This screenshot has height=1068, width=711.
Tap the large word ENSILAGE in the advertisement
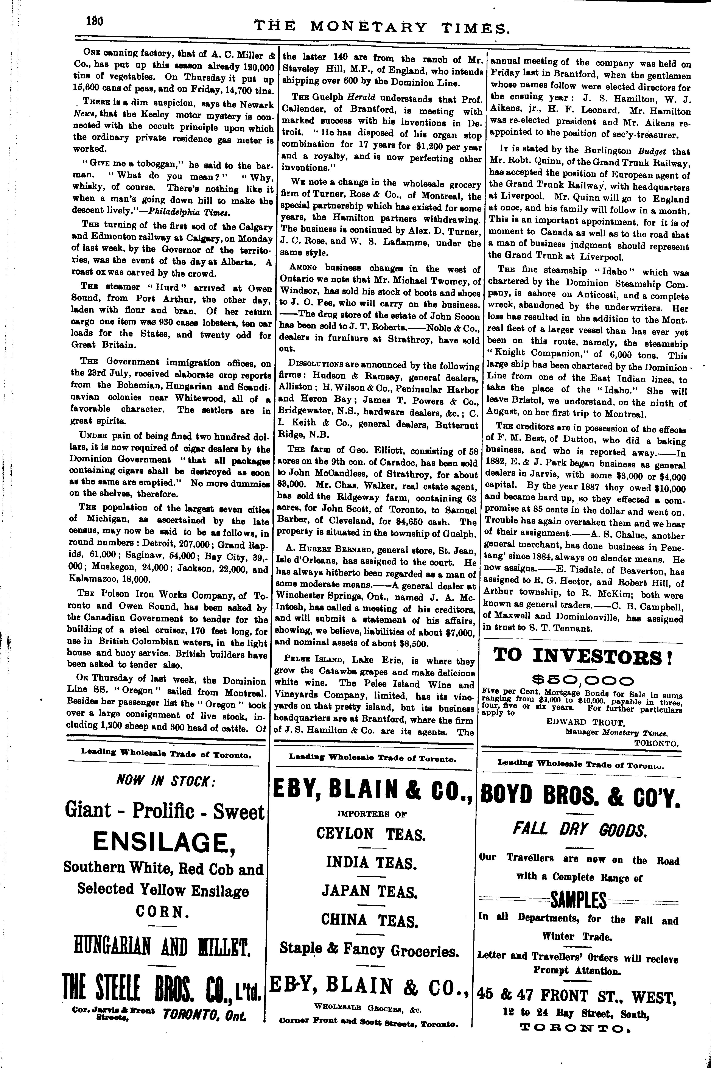coord(163,842)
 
